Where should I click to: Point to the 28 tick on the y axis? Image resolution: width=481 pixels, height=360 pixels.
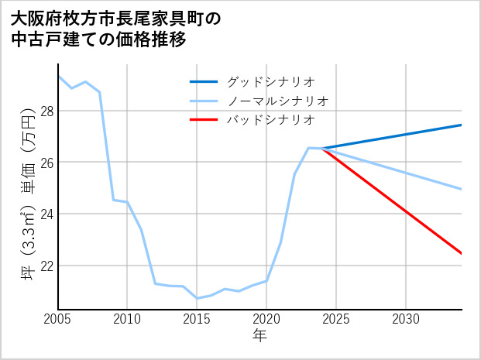tap(46, 111)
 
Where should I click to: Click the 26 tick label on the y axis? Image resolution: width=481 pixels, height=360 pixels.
tap(46, 163)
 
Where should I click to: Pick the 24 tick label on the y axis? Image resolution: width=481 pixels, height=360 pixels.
tap(46, 214)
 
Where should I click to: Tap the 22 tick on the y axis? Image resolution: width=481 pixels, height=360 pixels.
tap(46, 266)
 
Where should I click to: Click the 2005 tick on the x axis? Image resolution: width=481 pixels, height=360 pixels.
tap(58, 319)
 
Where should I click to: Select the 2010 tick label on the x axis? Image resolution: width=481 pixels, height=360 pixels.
tap(128, 319)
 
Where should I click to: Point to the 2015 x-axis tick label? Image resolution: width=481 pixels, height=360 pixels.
tap(197, 319)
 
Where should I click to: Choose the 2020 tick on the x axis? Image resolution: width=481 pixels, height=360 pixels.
tap(266, 319)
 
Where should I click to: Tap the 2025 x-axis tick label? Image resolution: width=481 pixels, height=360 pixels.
tap(336, 319)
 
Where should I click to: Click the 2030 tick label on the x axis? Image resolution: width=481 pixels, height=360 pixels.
tap(406, 319)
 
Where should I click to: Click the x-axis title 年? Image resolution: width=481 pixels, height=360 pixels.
tap(260, 336)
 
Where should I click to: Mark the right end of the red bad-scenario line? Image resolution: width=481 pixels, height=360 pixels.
tap(462, 253)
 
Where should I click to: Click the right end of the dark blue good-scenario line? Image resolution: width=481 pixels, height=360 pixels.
tap(462, 125)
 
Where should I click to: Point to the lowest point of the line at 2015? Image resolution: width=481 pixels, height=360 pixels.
tap(197, 298)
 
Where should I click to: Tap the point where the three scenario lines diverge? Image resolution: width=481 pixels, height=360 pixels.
tap(322, 148)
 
